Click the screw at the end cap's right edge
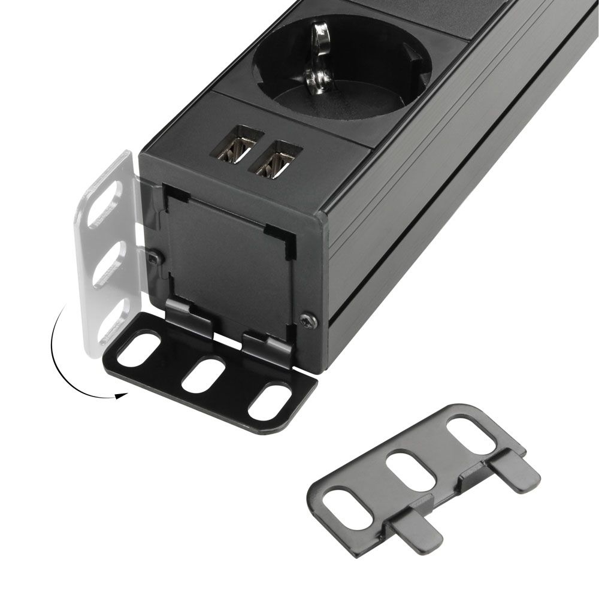pos(308,321)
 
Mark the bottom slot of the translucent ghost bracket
pos(113,317)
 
